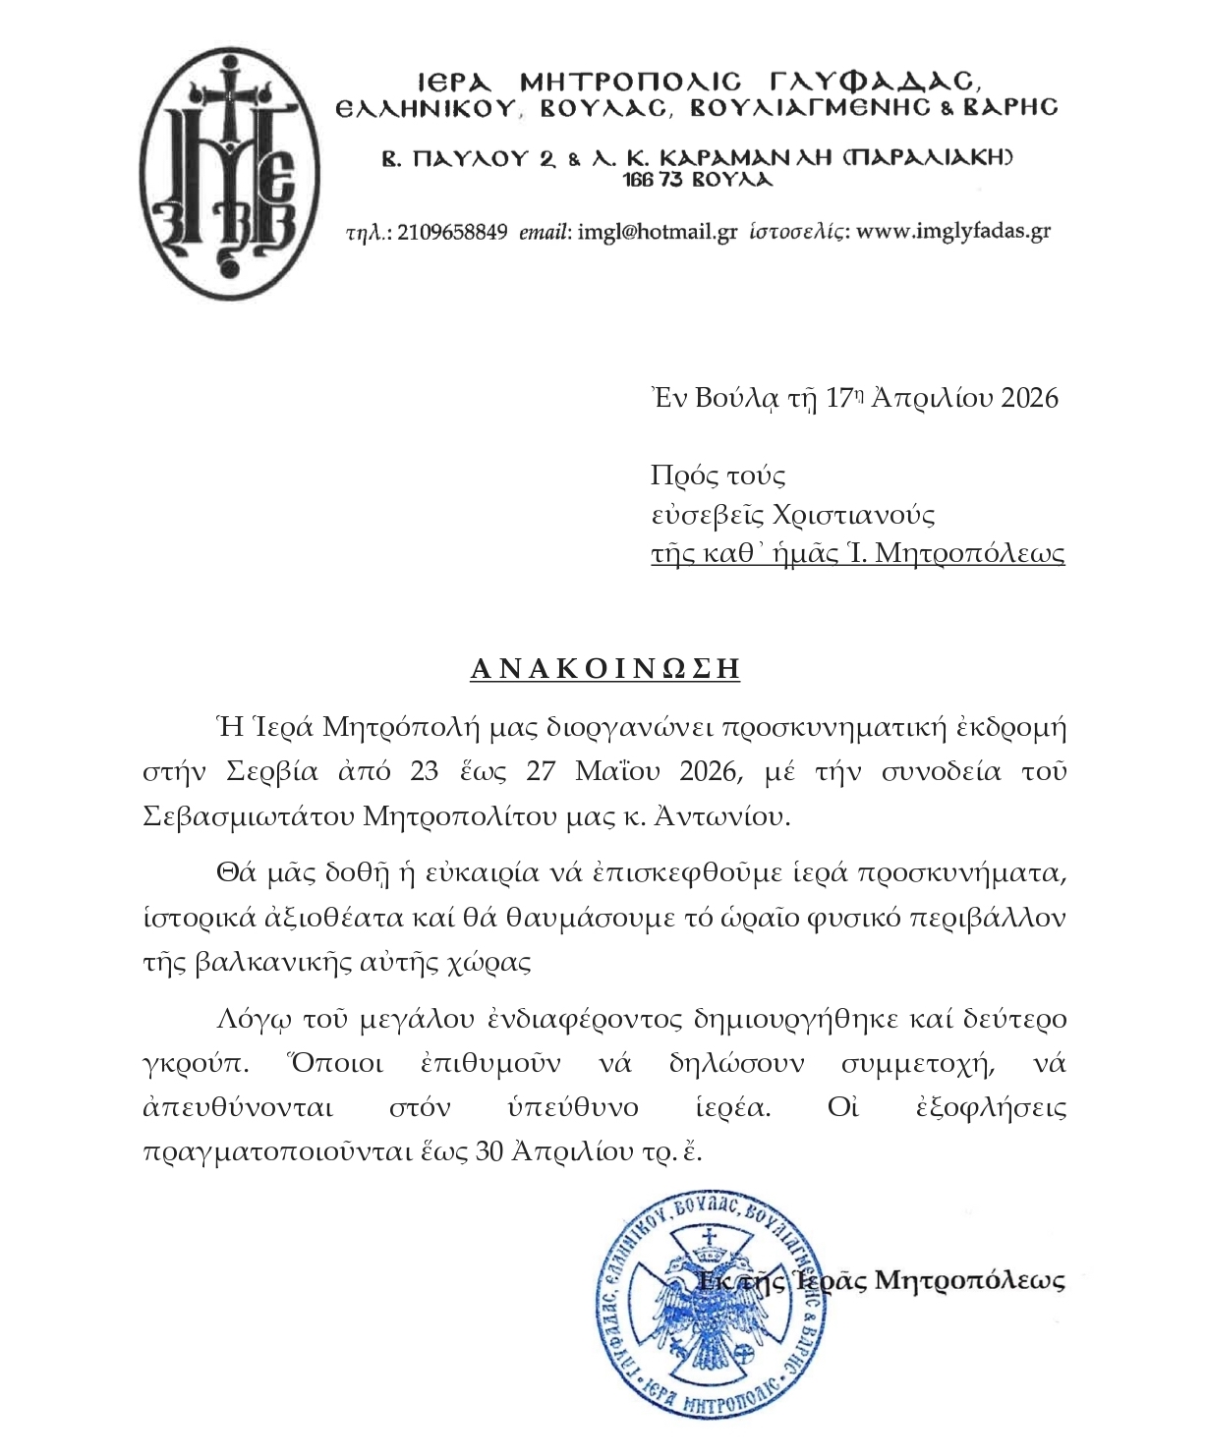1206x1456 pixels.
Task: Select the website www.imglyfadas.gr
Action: click(x=953, y=232)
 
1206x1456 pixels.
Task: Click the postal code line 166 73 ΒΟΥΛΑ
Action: click(x=698, y=180)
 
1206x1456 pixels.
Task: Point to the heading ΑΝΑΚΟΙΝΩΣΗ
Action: click(x=604, y=669)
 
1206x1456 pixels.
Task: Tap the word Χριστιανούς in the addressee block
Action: click(x=853, y=514)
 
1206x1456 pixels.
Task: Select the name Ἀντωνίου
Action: click(x=725, y=815)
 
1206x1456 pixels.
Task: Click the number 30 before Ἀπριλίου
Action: click(x=489, y=1151)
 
